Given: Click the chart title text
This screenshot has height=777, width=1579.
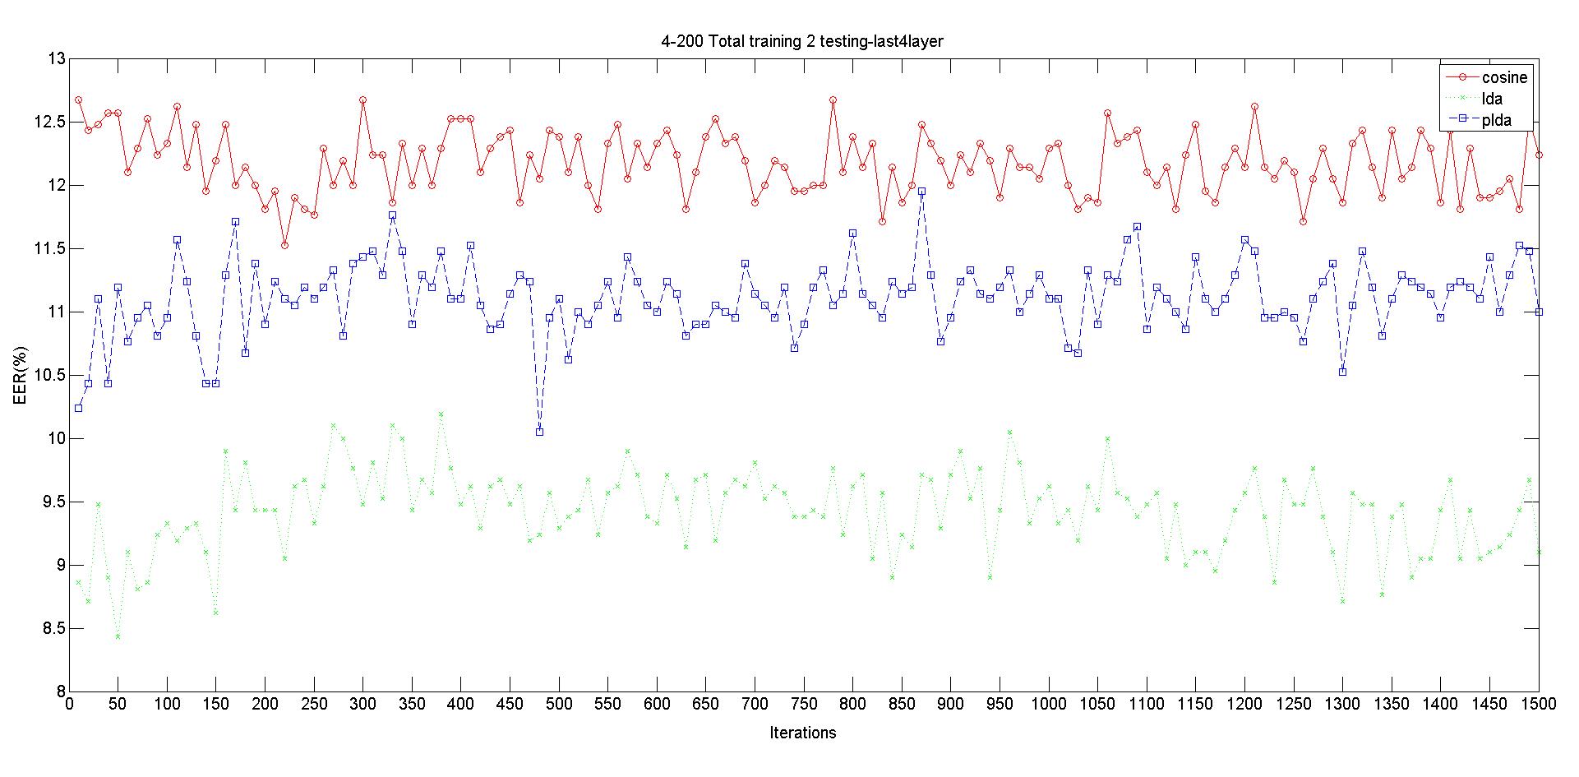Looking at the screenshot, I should tap(802, 42).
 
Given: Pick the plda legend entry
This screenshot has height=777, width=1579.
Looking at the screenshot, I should tap(1496, 121).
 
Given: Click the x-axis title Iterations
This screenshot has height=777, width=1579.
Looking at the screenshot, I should tap(802, 733).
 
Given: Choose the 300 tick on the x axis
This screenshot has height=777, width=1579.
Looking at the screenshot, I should tap(362, 705).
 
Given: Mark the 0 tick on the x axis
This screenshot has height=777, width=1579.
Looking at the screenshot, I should tap(69, 705).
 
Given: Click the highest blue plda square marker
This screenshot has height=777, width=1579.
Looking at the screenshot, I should tap(921, 192).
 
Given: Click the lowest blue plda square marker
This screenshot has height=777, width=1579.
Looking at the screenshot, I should tap(539, 432).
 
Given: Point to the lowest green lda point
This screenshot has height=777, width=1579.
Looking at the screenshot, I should tap(118, 636).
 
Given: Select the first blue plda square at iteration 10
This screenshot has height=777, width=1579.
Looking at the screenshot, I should tap(78, 408).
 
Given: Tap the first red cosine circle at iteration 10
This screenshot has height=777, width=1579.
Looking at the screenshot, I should tap(78, 100).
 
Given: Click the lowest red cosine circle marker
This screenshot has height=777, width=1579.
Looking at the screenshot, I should tap(284, 245).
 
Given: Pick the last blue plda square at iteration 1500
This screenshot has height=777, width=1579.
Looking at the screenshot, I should tap(1539, 312).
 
